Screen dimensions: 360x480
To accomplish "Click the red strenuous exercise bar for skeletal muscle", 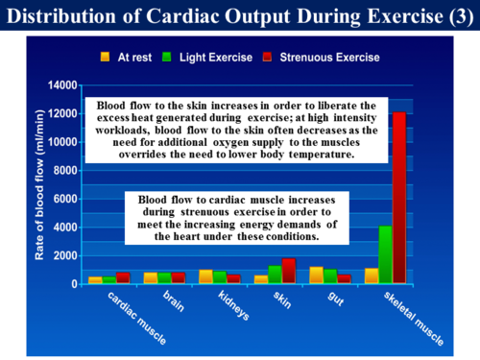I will coord(397,198).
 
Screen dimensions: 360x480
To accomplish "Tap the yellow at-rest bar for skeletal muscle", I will coord(371,276).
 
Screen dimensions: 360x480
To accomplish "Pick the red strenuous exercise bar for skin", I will coord(289,271).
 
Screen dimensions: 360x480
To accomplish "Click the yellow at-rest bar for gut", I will coord(317,275).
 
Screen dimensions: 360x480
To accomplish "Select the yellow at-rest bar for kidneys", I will coord(205,276).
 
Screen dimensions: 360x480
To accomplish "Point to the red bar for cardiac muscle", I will coord(123,277).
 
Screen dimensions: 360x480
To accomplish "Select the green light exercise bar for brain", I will coord(164,277).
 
